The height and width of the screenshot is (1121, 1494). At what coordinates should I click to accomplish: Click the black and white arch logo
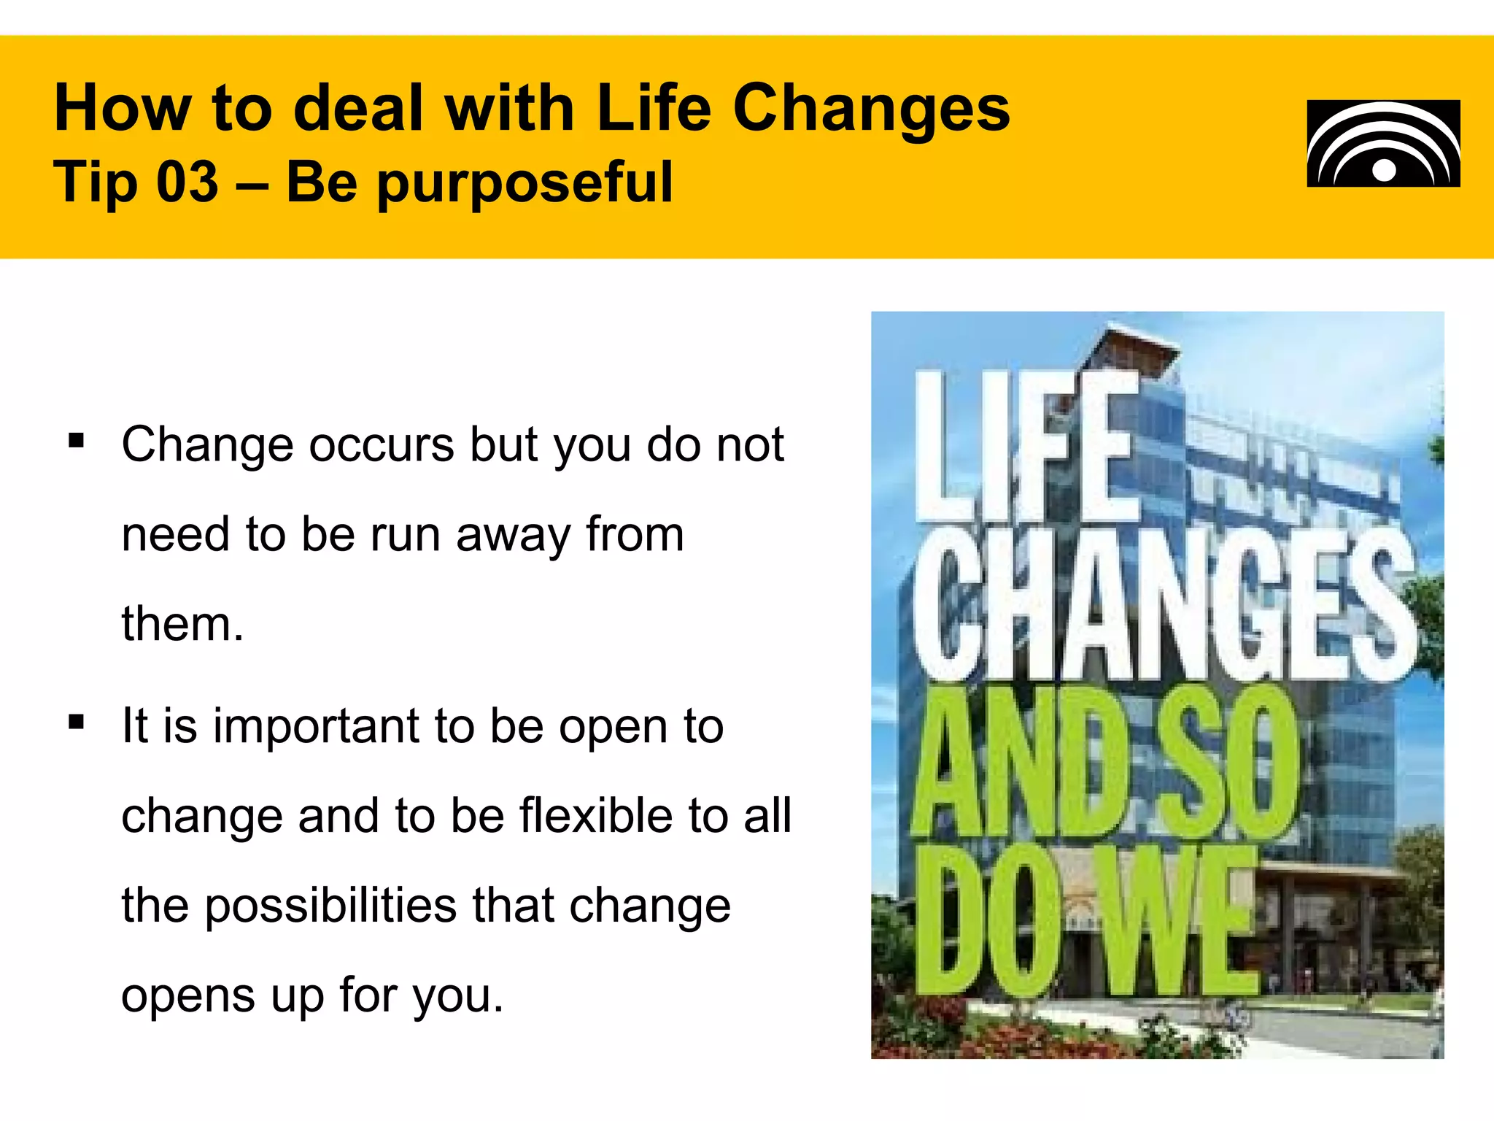1383,143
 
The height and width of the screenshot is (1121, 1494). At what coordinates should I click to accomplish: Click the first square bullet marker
76,441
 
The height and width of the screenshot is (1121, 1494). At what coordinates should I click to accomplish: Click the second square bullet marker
76,722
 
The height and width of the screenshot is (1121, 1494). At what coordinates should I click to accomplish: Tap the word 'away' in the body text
513,536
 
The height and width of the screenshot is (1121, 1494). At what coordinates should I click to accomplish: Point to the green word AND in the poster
1021,763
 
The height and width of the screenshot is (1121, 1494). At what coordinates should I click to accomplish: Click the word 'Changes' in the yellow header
871,109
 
